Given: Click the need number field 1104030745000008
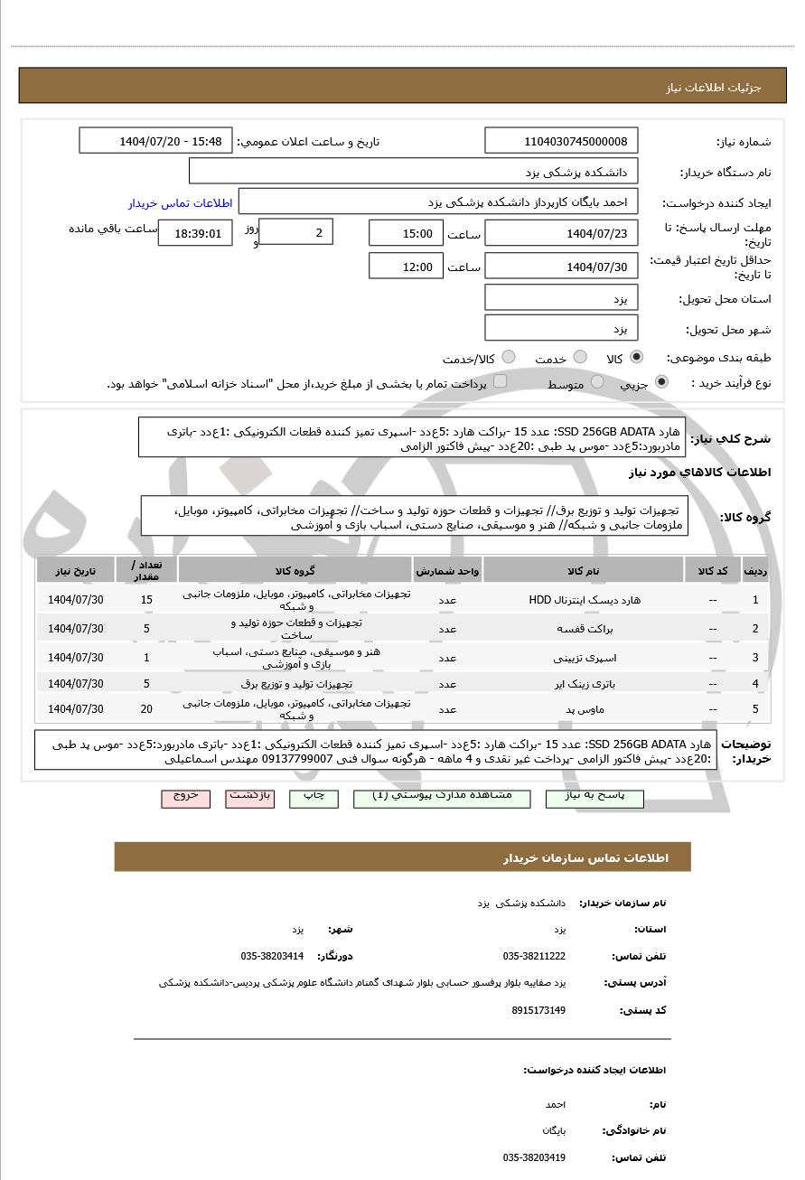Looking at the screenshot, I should tap(561, 141).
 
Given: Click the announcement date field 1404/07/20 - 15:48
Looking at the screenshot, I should tap(156, 141).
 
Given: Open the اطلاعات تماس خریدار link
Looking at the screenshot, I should tap(180, 203).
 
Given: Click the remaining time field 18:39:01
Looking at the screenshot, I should tap(195, 233).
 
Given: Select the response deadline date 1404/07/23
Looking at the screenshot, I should tap(561, 233).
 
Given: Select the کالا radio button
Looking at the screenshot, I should tap(637, 358).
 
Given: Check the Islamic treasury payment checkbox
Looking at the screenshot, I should tap(500, 382).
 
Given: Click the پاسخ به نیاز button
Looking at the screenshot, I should tap(594, 796).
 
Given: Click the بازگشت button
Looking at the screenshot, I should tap(249, 796).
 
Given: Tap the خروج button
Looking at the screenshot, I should tap(185, 796).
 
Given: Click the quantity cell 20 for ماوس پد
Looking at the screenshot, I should tap(146, 709).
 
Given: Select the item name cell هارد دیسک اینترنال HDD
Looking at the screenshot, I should tap(583, 600).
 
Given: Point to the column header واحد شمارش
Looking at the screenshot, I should tap(447, 571).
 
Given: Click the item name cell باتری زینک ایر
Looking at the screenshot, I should tap(583, 684).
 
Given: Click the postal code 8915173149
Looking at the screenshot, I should tap(538, 1010).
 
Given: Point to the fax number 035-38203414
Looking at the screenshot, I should tap(272, 956).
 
